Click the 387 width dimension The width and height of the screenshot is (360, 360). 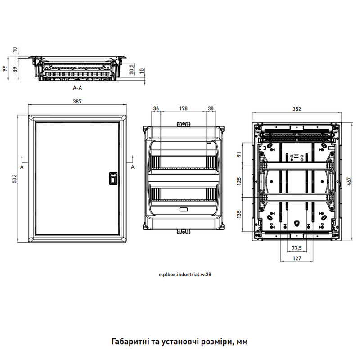click(x=77, y=102)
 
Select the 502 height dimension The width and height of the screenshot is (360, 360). click(x=14, y=179)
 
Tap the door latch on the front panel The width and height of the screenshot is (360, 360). click(x=113, y=179)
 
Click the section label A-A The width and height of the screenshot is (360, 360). click(x=77, y=88)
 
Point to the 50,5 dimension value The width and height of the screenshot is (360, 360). click(x=132, y=69)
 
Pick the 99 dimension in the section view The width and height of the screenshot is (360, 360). click(x=5, y=69)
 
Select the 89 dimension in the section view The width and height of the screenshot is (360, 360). click(x=15, y=70)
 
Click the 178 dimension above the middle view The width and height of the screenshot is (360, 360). click(x=184, y=108)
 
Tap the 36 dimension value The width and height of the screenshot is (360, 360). click(x=156, y=108)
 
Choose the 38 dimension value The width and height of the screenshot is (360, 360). click(x=211, y=108)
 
